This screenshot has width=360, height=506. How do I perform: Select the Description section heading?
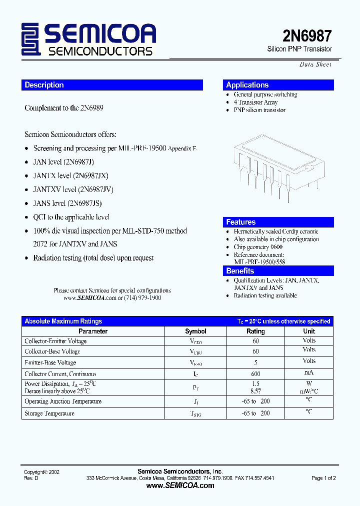pyautogui.click(x=44, y=85)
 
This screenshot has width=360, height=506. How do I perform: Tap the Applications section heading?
pyautogui.click(x=247, y=85)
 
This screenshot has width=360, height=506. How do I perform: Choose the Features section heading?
pyautogui.click(x=240, y=222)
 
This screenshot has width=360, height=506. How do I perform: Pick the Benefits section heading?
pyautogui.click(x=240, y=270)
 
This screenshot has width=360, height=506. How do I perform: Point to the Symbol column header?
pyautogui.click(x=195, y=331)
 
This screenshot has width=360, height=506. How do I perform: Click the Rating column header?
pyautogui.click(x=255, y=331)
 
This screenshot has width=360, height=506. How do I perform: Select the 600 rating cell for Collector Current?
pyautogui.click(x=255, y=373)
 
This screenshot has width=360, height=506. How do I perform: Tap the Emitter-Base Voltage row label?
pyautogui.click(x=50, y=362)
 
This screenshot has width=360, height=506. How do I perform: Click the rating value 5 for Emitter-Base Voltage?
pyautogui.click(x=255, y=362)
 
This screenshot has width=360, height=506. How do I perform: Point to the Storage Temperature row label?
pyautogui.click(x=49, y=413)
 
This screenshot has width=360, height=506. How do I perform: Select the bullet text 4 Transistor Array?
pyautogui.click(x=255, y=102)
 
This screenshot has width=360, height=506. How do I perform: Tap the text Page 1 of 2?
pyautogui.click(x=323, y=478)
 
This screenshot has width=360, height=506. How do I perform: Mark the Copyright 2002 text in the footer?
pyautogui.click(x=42, y=472)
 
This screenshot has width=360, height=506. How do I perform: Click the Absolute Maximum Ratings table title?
pyautogui.click(x=63, y=321)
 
